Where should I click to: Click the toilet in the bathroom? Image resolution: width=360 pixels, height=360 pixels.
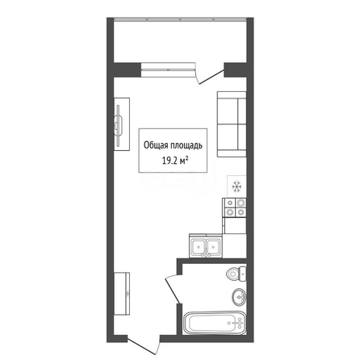pyautogui.click(x=237, y=274)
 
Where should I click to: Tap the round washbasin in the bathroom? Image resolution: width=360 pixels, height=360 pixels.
pyautogui.click(x=239, y=297)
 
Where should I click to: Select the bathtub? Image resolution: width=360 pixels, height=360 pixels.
pyautogui.click(x=215, y=323)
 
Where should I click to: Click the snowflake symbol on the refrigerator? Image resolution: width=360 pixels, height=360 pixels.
pyautogui.click(x=237, y=186)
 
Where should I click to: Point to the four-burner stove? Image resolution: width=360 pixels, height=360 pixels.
pyautogui.click(x=234, y=207)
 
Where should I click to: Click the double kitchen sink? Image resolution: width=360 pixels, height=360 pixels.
pyautogui.click(x=206, y=245)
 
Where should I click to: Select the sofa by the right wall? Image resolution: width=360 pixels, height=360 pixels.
pyautogui.click(x=232, y=124)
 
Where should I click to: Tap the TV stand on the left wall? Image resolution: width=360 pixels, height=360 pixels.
pyautogui.click(x=122, y=124)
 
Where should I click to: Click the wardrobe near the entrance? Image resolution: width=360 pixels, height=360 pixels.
pyautogui.click(x=122, y=294)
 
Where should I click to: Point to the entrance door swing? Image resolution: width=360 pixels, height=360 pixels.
pyautogui.click(x=144, y=345)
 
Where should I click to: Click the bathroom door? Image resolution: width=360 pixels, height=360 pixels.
pyautogui.click(x=172, y=290)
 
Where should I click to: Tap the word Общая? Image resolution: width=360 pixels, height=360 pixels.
pyautogui.click(x=154, y=145)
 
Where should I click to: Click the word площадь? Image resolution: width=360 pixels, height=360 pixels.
pyautogui.click(x=185, y=145)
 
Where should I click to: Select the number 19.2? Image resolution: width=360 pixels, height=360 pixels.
pyautogui.click(x=169, y=161)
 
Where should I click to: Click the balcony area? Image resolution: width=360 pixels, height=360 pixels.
pyautogui.click(x=180, y=41)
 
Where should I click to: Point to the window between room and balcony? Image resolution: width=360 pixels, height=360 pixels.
pyautogui.click(x=168, y=70)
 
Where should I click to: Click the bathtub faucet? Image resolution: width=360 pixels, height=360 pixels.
pyautogui.click(x=238, y=322)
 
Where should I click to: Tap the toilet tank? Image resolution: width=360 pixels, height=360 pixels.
pyautogui.click(x=243, y=274)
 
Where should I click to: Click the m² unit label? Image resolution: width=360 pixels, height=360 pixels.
pyautogui.click(x=183, y=161)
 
